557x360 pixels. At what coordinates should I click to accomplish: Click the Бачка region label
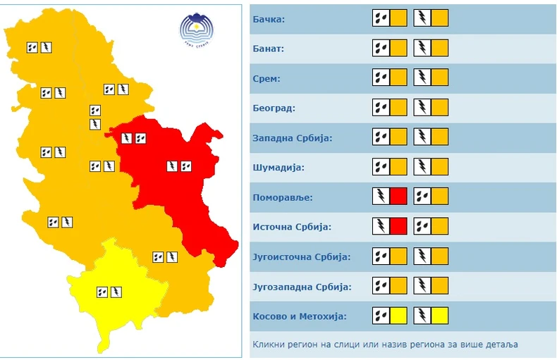coord(269,18)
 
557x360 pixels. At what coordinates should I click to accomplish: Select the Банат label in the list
coord(268,49)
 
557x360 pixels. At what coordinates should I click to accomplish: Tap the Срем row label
coord(266,78)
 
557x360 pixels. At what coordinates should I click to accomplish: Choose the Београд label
coord(274,108)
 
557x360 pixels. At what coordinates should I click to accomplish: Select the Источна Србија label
coord(291,228)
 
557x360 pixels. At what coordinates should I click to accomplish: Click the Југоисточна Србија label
coord(301,256)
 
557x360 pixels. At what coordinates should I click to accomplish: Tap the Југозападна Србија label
coord(302,287)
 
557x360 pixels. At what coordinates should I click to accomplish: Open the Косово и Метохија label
coord(300,316)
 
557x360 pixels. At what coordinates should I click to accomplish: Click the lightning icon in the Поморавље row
coord(381,197)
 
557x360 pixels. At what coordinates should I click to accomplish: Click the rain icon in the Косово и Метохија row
coord(381,316)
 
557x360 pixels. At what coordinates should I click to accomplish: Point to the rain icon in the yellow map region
coord(102,291)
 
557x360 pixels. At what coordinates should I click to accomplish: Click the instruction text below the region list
coord(385,345)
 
